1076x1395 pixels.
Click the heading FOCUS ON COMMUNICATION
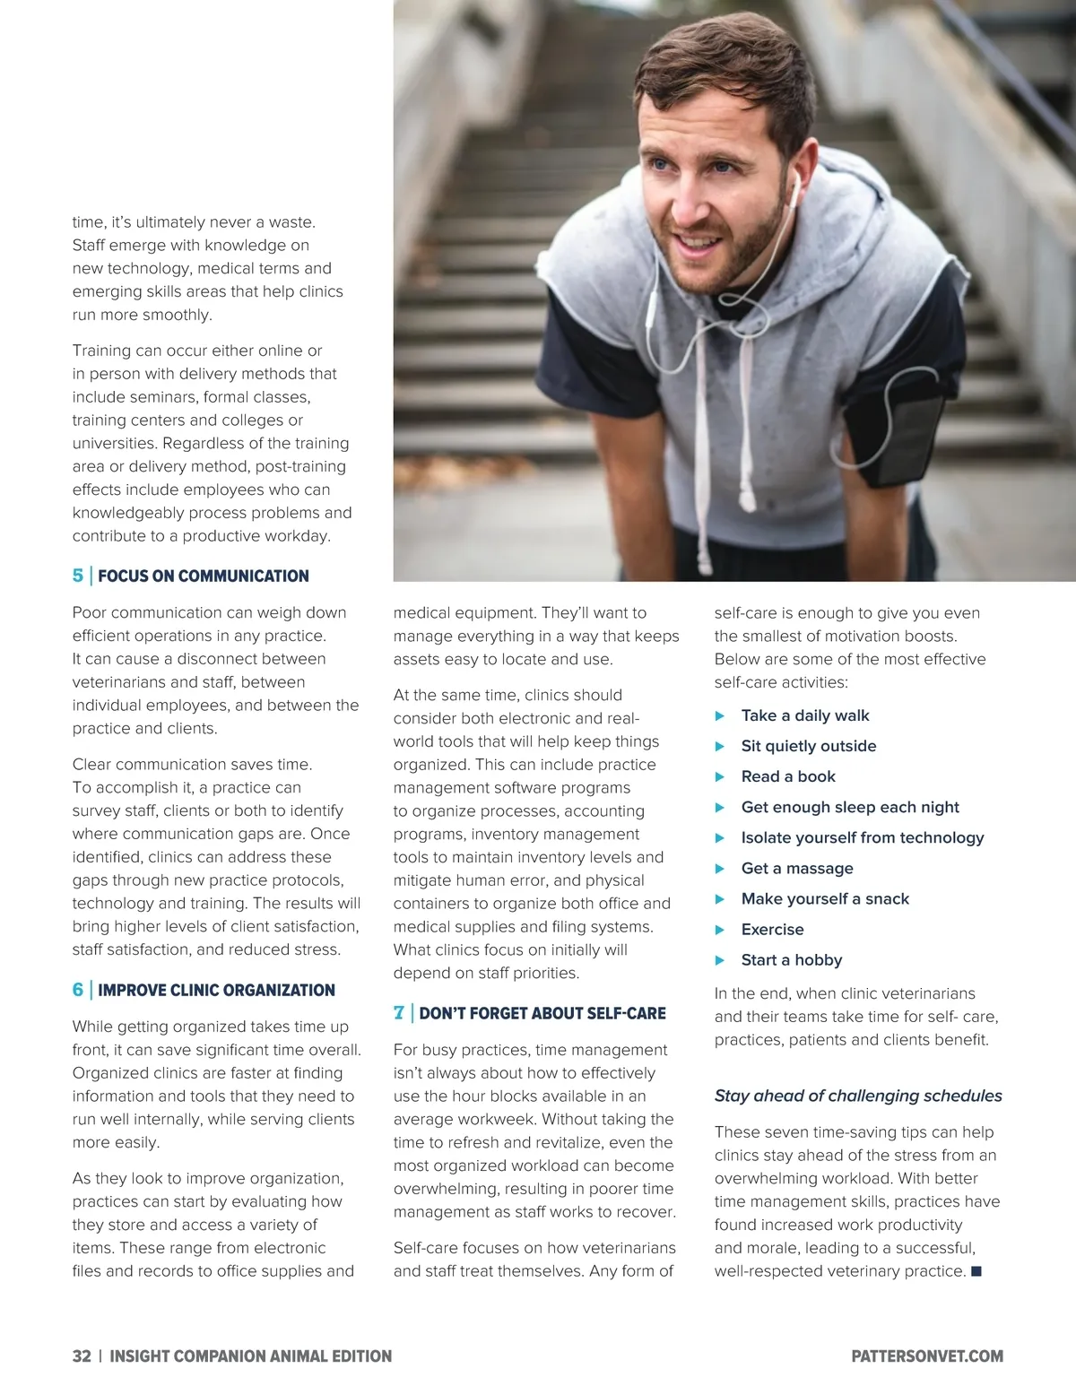coord(203,576)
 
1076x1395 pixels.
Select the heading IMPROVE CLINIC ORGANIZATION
coord(216,990)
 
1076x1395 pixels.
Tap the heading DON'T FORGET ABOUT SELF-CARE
coord(542,1013)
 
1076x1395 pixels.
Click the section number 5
coord(78,576)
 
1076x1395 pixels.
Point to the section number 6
coord(78,990)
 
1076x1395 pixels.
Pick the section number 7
coord(399,1013)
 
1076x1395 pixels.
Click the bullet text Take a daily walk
coord(805,715)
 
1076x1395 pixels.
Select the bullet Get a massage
coord(797,868)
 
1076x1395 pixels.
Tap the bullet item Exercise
coord(772,929)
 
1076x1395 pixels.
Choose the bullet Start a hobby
coord(792,959)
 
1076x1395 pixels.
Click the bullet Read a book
coord(788,776)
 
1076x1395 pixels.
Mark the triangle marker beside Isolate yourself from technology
coord(720,837)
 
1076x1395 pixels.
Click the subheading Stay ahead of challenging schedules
coord(858,1096)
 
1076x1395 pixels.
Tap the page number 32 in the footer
coord(82,1356)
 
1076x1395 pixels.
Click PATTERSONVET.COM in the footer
coord(927,1356)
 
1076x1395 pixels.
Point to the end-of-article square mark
coord(976,1271)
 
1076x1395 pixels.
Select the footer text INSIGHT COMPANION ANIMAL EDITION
coord(250,1356)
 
